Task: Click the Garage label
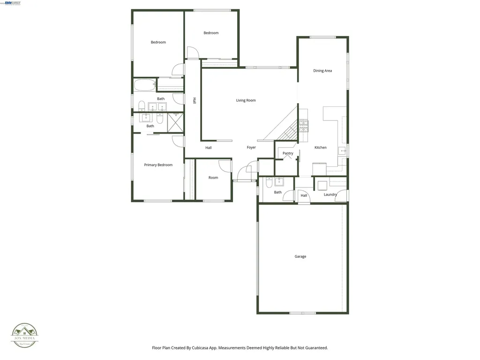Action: [x=300, y=256]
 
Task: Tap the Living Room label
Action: [x=246, y=100]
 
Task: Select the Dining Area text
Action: [x=322, y=71]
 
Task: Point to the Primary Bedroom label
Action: [x=158, y=165]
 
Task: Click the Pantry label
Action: [x=288, y=153]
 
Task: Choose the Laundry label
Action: [x=330, y=195]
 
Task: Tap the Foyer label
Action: [x=251, y=148]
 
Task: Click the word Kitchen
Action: [x=321, y=148]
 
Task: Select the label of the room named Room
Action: [x=213, y=178]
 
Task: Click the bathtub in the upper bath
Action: [x=144, y=85]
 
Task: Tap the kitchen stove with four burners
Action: [x=304, y=125]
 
